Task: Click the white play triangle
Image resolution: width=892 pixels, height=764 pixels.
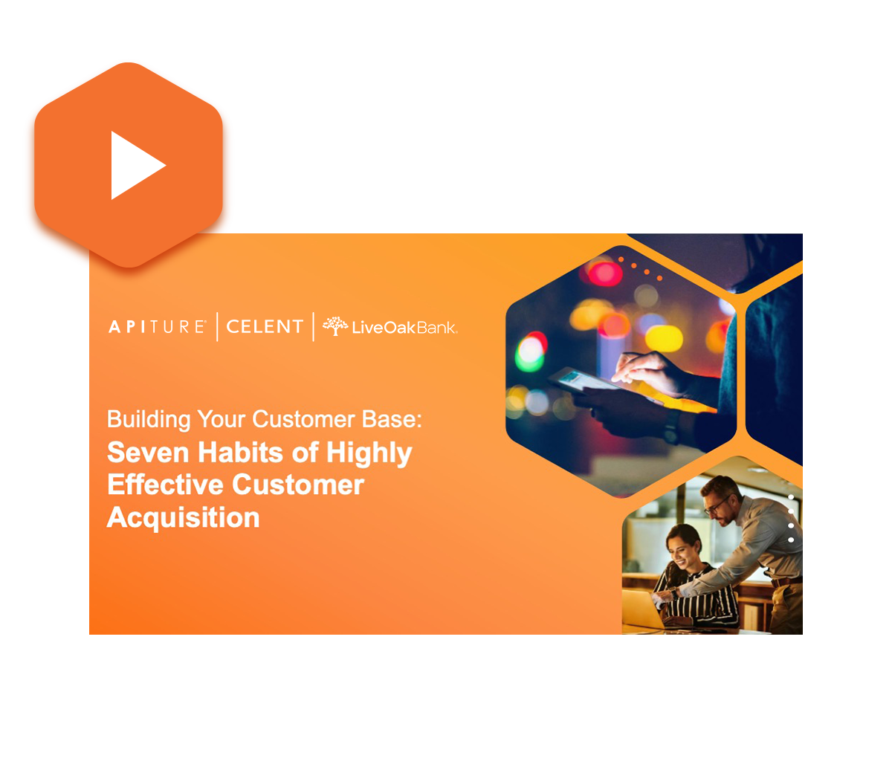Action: pos(135,165)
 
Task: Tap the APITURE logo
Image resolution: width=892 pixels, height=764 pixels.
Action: pos(157,326)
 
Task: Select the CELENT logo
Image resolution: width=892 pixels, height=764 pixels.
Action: pos(265,326)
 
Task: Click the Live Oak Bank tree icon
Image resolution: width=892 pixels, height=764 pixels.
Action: pos(335,326)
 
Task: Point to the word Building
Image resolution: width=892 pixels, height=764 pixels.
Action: pos(149,420)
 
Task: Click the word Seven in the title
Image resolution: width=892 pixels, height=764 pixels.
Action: pos(148,453)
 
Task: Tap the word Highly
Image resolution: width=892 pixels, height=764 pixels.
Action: pos(369,454)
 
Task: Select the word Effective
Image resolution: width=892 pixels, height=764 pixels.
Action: pos(165,485)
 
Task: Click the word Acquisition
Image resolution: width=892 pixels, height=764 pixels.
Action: pos(183,519)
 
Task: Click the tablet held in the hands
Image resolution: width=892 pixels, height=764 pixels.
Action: pos(604,386)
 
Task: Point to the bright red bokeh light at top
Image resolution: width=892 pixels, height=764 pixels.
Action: pos(604,273)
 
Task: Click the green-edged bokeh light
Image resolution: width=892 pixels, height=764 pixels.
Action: pos(531,352)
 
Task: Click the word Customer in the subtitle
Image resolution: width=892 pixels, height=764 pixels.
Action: pos(306,419)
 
